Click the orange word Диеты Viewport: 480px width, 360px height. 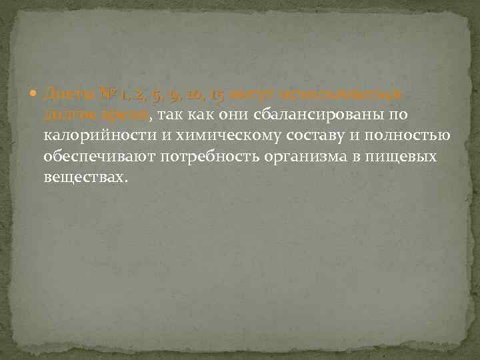point(63,95)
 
